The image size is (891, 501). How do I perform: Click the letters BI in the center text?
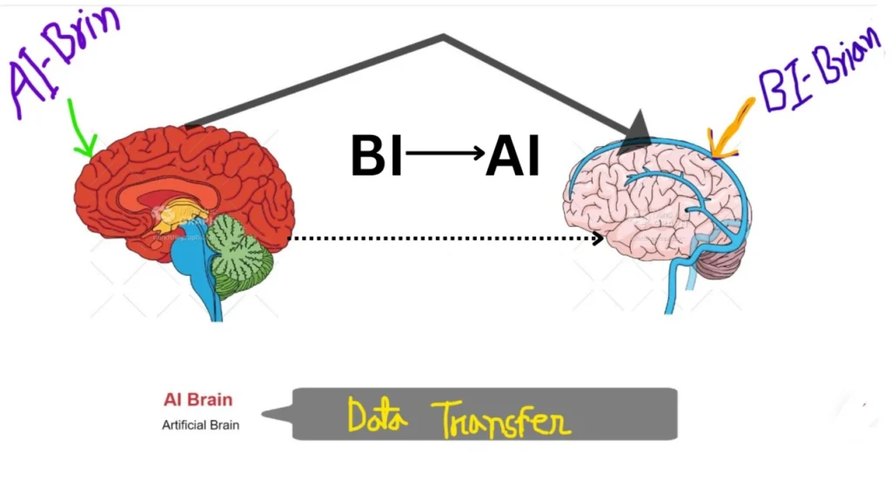tap(376, 157)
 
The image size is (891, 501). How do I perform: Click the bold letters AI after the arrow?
tap(513, 157)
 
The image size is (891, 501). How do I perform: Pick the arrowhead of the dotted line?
tap(599, 237)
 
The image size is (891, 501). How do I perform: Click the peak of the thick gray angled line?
tap(444, 37)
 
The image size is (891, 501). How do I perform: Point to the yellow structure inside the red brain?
tap(178, 214)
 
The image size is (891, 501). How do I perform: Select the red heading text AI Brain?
tap(198, 400)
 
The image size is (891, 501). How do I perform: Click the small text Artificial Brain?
tap(200, 425)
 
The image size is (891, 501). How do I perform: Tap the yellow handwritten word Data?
tap(378, 417)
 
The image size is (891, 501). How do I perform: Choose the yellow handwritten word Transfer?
tap(501, 419)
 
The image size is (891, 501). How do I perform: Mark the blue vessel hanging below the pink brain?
tap(674, 287)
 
